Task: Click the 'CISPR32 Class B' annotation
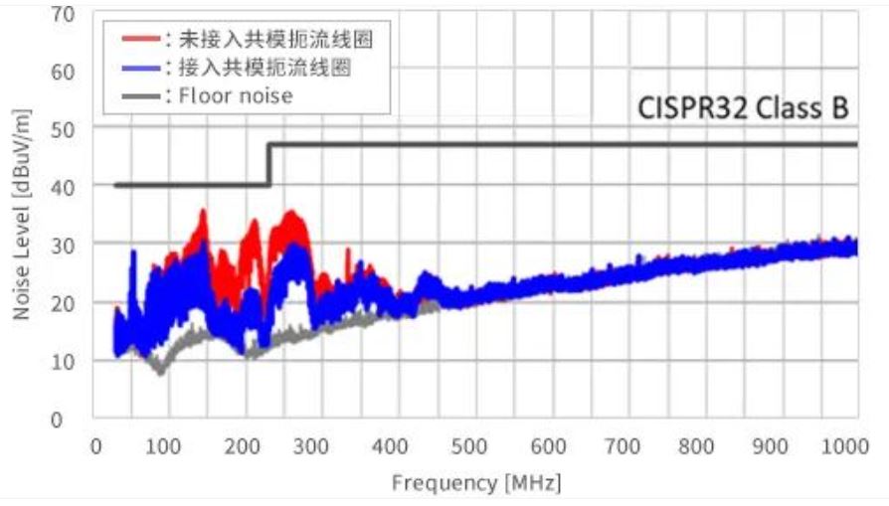743,108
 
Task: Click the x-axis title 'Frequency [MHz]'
476,484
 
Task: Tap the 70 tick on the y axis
65,13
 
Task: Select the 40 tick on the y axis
65,186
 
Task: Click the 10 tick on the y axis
65,361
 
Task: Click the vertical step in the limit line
269,165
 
